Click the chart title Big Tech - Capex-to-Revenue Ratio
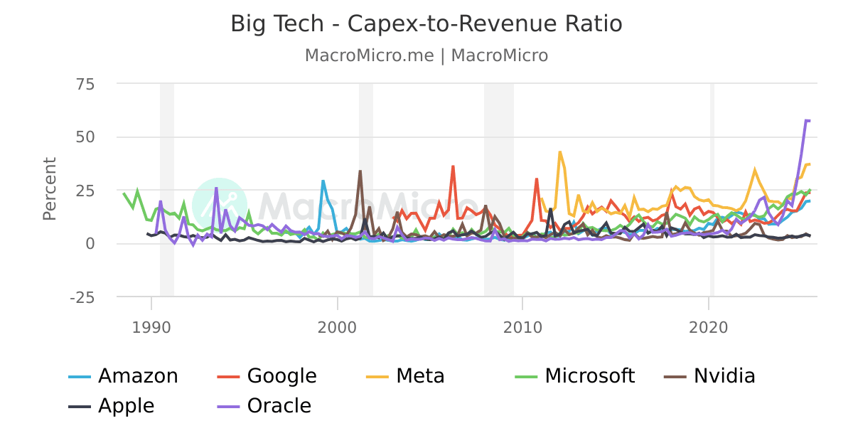(426, 24)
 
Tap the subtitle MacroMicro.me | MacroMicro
(426, 55)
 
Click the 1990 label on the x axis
(151, 327)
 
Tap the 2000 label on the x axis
(337, 327)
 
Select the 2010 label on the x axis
(522, 327)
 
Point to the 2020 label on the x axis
(709, 327)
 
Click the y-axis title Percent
(49, 189)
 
